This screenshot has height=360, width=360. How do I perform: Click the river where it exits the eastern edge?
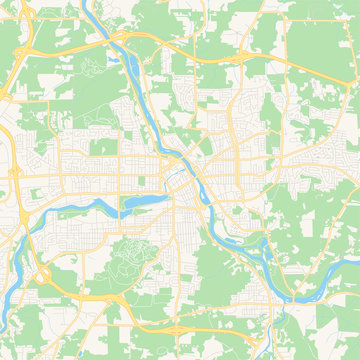point(355,268)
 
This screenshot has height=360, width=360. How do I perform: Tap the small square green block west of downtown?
point(103,147)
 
